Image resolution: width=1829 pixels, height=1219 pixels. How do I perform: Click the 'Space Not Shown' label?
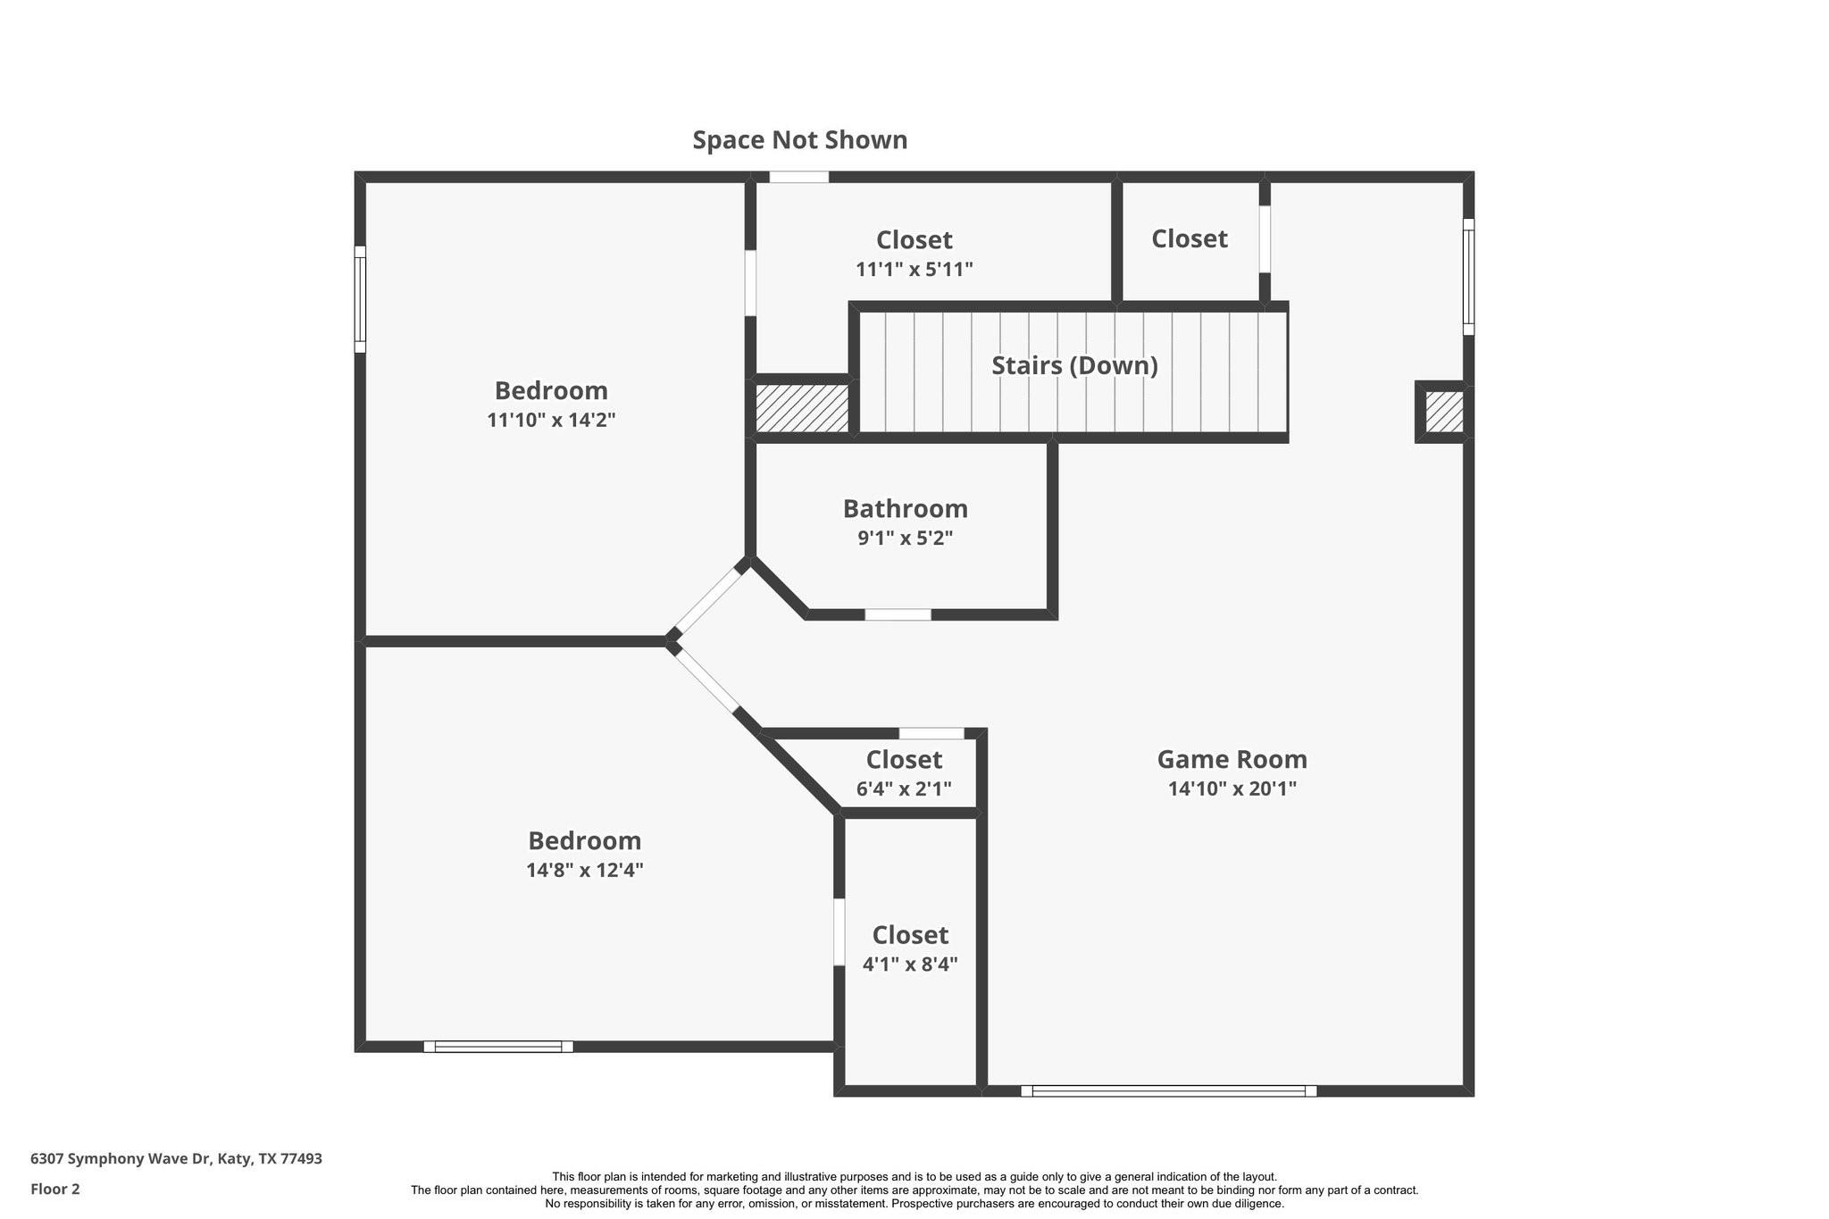799,140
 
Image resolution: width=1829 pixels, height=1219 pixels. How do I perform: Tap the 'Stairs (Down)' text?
1074,365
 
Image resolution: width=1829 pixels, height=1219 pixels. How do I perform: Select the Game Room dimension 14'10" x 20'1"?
1232,789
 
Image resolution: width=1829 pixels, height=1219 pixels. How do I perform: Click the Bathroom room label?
905,508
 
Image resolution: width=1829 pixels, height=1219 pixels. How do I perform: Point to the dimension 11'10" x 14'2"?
551,420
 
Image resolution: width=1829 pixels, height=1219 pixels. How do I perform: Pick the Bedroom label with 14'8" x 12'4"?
584,840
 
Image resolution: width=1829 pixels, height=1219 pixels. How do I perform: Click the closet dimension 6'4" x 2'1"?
904,789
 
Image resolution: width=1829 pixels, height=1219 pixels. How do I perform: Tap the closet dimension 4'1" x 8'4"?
910,964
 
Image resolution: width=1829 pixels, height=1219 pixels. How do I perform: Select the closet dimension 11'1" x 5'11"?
914,269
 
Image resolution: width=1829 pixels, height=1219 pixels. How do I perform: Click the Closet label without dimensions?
1189,238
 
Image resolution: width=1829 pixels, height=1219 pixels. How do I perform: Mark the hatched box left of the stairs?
802,408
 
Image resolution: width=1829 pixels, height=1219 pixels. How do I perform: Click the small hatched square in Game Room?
1443,412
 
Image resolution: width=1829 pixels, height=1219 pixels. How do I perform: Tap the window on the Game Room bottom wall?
1168,1090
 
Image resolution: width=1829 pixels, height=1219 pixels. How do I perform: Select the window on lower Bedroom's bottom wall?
497,1047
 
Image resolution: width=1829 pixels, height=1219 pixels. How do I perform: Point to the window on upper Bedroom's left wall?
360,299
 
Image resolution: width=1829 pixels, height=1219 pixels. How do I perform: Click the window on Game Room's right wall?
1467,277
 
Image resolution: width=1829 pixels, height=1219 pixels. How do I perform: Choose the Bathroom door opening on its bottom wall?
898,614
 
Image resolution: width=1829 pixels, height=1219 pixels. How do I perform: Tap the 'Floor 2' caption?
55,1189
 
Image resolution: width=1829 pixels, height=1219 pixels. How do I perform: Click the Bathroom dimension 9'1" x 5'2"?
905,539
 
